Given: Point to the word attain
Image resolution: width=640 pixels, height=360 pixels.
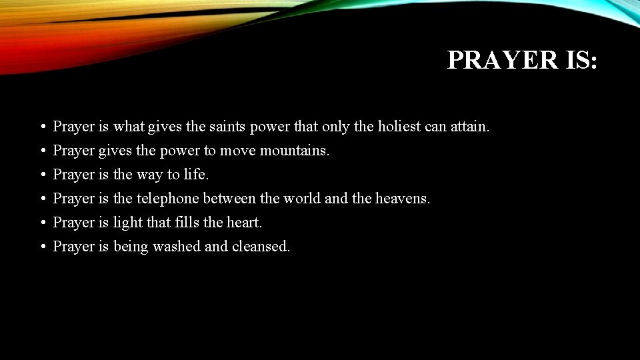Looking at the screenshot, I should click(470, 126).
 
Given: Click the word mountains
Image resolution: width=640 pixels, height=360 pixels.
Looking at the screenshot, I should click(294, 151).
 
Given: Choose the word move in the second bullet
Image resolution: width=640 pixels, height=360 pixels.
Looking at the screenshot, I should click(238, 151).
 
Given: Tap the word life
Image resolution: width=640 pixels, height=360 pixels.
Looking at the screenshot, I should click(197, 175).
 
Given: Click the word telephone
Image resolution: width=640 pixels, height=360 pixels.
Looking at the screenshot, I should click(168, 199).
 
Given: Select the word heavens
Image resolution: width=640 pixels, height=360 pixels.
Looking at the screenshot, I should click(403, 199).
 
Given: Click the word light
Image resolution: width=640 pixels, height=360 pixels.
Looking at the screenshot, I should click(127, 222).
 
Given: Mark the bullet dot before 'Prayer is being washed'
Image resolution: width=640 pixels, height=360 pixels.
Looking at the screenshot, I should click(42, 247).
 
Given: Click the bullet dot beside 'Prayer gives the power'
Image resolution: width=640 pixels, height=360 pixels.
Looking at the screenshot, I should click(42, 151).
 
